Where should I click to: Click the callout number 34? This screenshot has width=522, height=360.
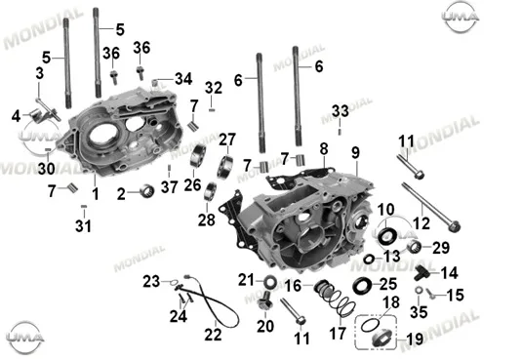[183, 79]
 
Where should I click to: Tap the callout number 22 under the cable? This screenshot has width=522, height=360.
[213, 335]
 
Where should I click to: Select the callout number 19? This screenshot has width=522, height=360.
[415, 340]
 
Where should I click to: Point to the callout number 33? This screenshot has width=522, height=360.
[341, 111]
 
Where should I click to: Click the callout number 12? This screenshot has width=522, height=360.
[422, 223]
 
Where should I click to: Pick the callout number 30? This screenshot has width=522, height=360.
[46, 168]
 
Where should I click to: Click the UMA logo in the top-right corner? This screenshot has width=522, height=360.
[461, 17]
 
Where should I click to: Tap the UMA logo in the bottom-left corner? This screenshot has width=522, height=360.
[25, 338]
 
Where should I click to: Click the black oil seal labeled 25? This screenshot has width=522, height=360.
[362, 286]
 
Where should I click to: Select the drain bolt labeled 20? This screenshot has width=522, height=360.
[265, 300]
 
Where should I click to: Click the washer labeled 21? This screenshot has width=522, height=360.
[270, 282]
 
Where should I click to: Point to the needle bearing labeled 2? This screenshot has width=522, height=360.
[146, 191]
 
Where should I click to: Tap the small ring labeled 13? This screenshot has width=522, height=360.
[369, 259]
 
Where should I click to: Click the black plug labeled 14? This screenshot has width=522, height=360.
[422, 272]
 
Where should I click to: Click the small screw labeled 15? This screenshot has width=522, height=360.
[430, 294]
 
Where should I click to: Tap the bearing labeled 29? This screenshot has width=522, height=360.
[415, 247]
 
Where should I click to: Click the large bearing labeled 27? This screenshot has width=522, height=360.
[225, 167]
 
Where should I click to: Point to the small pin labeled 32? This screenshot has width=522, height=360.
[212, 109]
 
